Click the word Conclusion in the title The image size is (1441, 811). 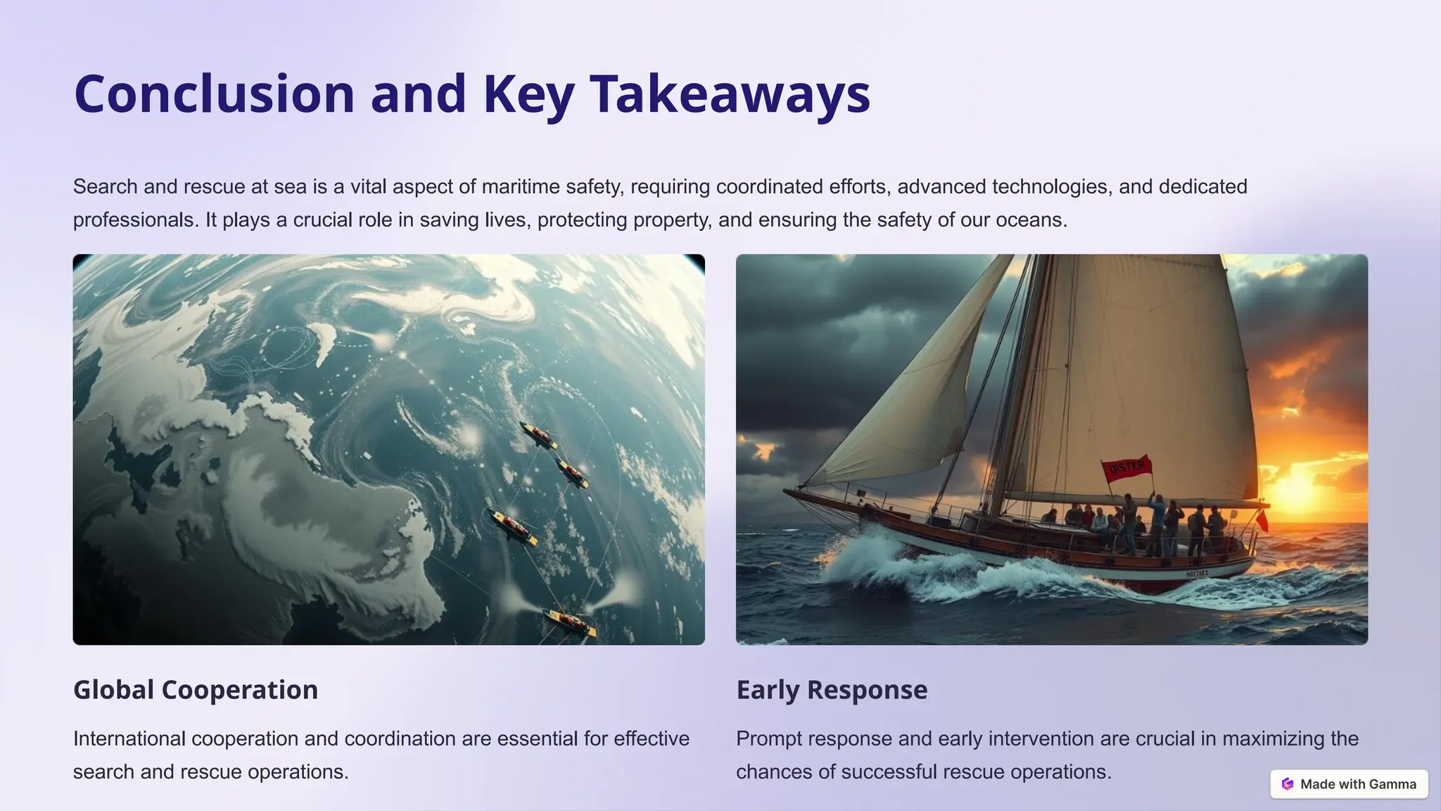pos(214,94)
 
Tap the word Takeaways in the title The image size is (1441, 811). pos(730,94)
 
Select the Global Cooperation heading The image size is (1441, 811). pos(196,689)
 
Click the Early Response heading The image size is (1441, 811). pos(832,689)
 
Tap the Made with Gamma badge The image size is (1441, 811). pos(1349,784)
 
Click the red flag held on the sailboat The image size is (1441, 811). pos(1126,467)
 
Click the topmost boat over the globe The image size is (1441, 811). pos(539,435)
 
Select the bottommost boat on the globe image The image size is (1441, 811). pos(569,622)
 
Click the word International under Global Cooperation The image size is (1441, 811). pos(129,738)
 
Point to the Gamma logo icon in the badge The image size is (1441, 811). pos(1288,784)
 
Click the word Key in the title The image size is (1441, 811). pos(528,94)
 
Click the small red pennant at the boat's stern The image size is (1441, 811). pos(1262,521)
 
